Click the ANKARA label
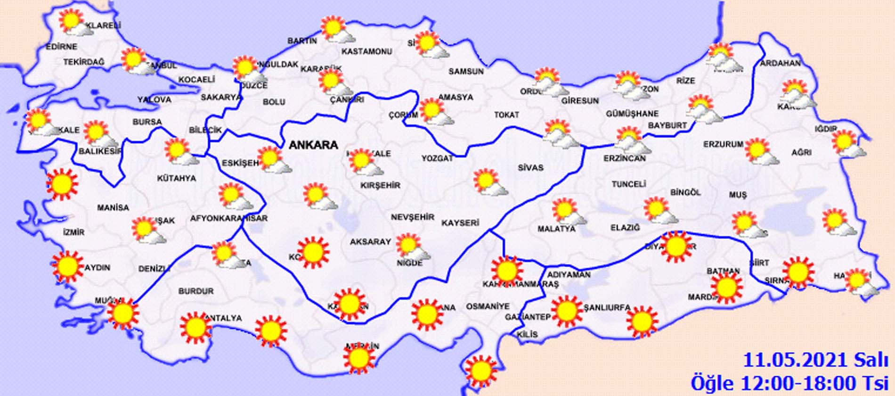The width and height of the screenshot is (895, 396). pyautogui.click(x=313, y=145)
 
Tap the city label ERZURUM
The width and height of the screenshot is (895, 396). pyautogui.click(x=723, y=144)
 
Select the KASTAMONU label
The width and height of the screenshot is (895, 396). pyautogui.click(x=367, y=51)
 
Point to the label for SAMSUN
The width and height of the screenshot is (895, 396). pyautogui.click(x=465, y=72)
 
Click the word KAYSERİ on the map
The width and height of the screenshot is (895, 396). pyautogui.click(x=460, y=223)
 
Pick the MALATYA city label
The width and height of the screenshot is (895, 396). pyautogui.click(x=556, y=229)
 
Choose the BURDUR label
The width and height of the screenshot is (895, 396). pyautogui.click(x=195, y=291)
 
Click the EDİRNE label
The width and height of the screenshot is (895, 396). pyautogui.click(x=61, y=47)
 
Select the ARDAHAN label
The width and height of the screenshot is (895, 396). pyautogui.click(x=780, y=63)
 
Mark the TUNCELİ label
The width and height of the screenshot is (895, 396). pyautogui.click(x=628, y=184)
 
